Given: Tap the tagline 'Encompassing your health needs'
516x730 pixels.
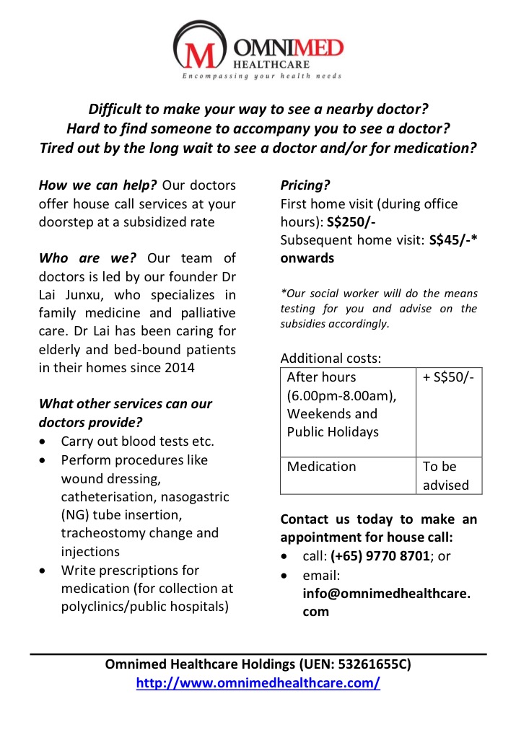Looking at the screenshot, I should point(261,76).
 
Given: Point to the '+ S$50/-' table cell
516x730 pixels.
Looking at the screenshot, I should point(448,377).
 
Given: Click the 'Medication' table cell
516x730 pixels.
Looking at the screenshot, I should point(321,467).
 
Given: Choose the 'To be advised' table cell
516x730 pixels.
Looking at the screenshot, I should point(445,476).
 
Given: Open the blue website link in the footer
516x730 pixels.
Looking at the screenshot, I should point(258,682).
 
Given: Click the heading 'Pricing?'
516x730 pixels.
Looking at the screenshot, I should point(305,185).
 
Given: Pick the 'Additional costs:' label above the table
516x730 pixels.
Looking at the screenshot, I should point(331,359).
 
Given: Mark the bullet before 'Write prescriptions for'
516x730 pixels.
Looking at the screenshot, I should point(45,571).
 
